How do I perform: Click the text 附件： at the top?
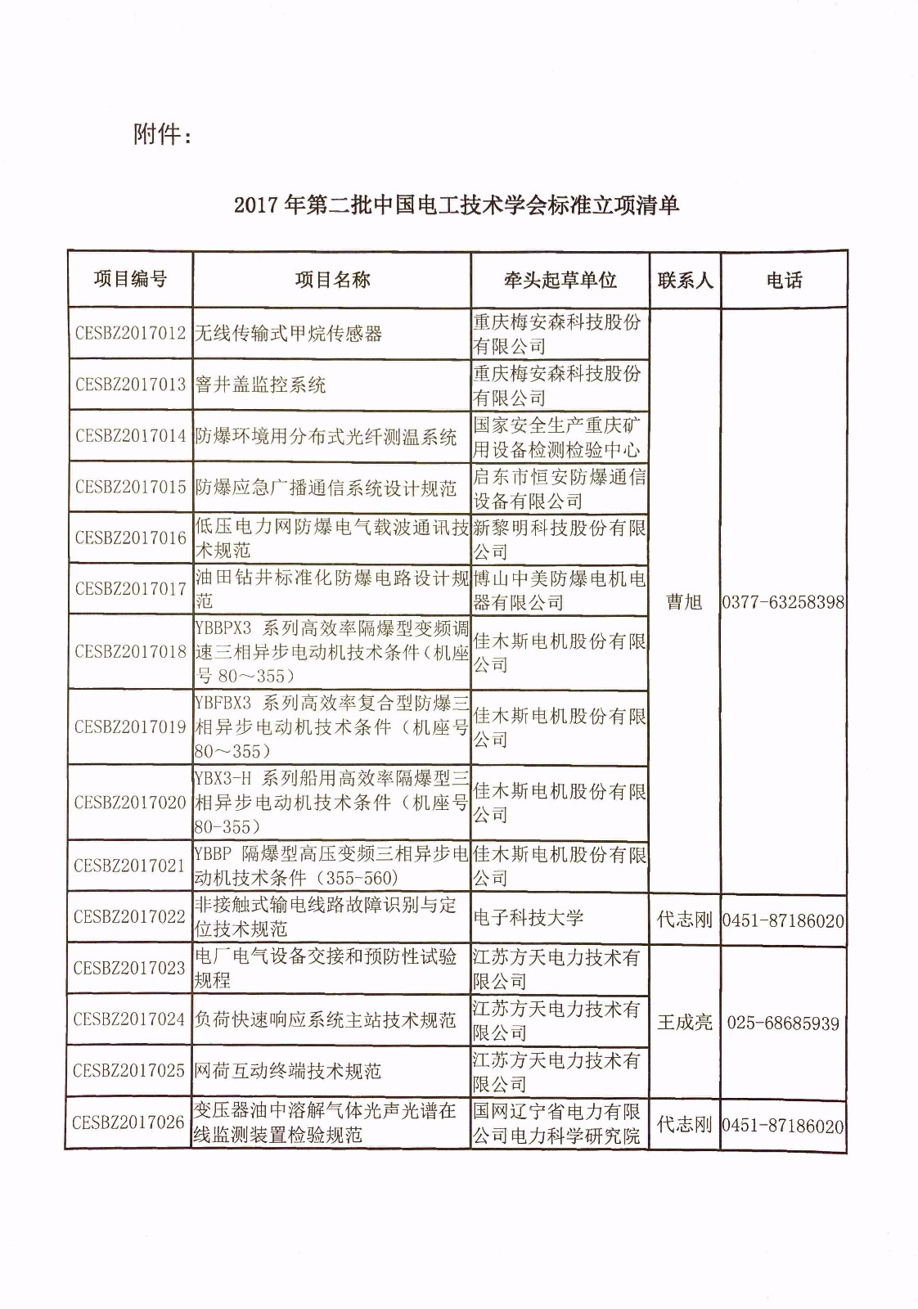click(x=163, y=133)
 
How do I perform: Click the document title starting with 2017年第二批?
click(x=457, y=205)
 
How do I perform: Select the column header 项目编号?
click(x=130, y=280)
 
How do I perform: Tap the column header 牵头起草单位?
click(x=560, y=281)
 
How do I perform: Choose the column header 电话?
click(x=784, y=281)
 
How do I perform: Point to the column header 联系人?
click(x=685, y=281)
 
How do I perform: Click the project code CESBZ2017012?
click(x=130, y=334)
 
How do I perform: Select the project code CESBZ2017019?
click(x=130, y=727)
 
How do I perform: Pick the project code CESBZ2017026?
click(x=128, y=1122)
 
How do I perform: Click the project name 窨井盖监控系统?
click(x=261, y=385)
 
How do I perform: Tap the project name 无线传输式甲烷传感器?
click(x=289, y=334)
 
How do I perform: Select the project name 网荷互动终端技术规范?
click(x=288, y=1071)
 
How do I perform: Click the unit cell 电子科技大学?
click(x=529, y=918)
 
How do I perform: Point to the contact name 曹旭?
click(x=684, y=602)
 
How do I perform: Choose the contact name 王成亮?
click(x=685, y=1023)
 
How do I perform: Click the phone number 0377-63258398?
click(x=783, y=603)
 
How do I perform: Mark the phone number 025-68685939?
click(x=783, y=1023)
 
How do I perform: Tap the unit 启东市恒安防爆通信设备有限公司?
click(x=560, y=488)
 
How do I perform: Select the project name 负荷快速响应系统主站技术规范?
click(x=325, y=1020)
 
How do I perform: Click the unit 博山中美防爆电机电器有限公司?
click(x=560, y=591)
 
